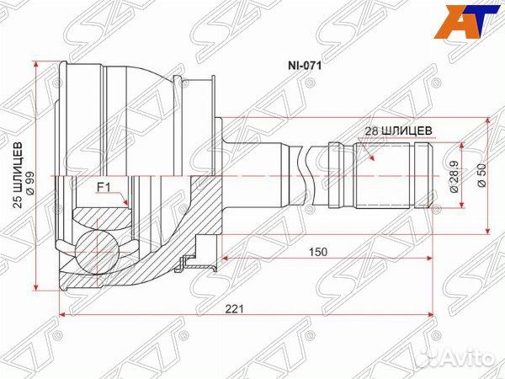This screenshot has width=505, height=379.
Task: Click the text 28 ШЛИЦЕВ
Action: click(x=399, y=131)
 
